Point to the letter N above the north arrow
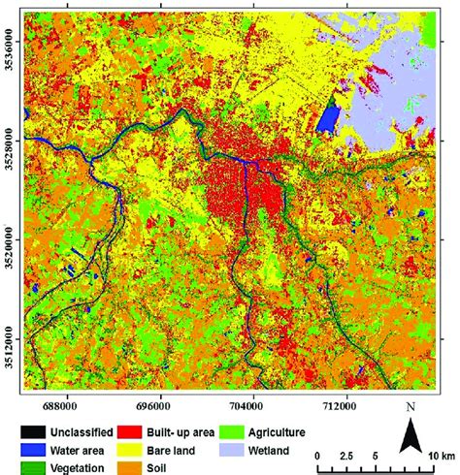411,407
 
